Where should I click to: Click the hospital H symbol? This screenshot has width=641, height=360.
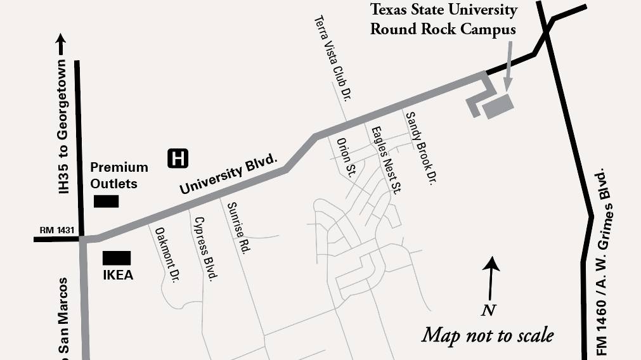[178, 158]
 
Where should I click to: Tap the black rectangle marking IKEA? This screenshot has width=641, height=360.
[117, 258]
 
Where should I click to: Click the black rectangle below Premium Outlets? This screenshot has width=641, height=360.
[106, 202]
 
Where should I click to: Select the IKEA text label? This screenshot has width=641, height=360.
[118, 276]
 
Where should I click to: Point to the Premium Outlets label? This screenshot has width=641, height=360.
[119, 176]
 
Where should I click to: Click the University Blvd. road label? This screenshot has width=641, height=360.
[229, 175]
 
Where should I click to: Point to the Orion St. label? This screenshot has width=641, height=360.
[346, 157]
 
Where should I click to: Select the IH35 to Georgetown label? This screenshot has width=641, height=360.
[62, 127]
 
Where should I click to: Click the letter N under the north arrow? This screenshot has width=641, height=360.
[488, 311]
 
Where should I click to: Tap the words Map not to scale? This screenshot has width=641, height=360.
[487, 334]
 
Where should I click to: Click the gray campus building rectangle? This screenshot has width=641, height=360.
[498, 105]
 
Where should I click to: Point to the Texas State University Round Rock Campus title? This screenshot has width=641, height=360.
[443, 20]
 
